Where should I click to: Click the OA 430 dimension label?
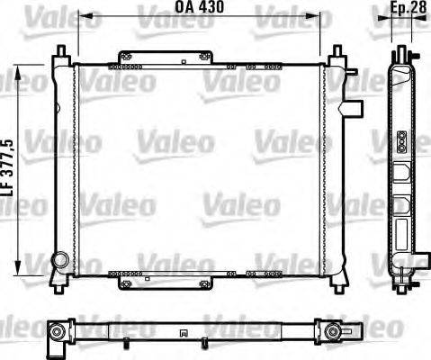click(200, 7)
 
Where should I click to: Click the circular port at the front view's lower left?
click(60, 261)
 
